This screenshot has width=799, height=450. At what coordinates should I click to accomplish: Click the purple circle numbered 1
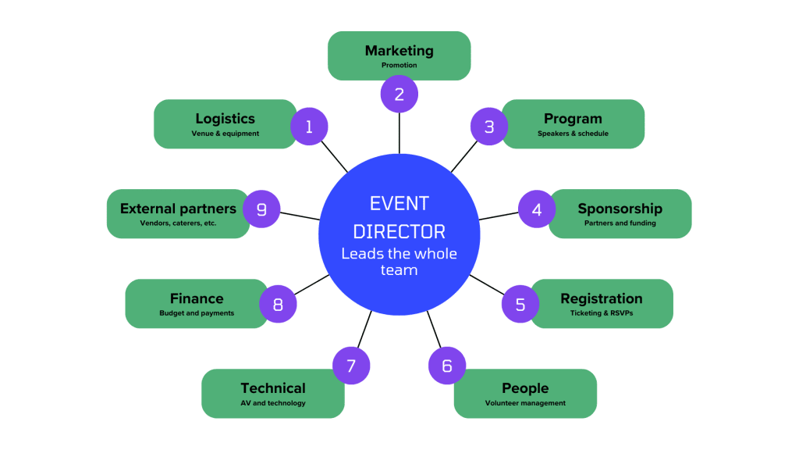tap(309, 127)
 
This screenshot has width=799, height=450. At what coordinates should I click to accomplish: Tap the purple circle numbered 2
tap(399, 94)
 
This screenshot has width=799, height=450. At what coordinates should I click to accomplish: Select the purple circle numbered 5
tap(520, 304)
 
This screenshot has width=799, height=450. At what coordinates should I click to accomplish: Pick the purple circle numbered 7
tap(351, 366)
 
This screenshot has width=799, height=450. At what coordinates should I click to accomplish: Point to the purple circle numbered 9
tap(261, 209)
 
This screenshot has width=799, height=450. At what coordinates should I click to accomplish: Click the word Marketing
tap(399, 51)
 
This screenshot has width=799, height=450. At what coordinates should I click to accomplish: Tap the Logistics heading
tap(225, 119)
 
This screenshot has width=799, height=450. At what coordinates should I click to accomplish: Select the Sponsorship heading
tap(620, 209)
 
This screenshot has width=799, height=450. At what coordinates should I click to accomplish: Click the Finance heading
tap(197, 298)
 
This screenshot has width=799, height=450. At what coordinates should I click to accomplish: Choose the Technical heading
tap(273, 388)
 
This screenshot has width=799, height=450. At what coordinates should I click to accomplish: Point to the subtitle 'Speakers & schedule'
tap(573, 134)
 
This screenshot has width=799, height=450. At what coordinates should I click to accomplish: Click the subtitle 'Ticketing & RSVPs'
tap(602, 313)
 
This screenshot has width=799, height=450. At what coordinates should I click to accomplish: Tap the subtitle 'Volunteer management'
tap(525, 403)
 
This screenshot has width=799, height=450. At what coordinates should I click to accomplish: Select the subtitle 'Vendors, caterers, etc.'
tap(179, 223)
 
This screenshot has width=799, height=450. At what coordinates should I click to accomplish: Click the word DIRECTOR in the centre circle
tap(399, 232)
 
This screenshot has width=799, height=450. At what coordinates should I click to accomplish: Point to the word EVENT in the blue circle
tap(399, 204)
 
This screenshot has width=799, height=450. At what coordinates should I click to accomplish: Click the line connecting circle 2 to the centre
tap(399, 133)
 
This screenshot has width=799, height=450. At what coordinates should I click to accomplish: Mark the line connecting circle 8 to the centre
tap(311, 284)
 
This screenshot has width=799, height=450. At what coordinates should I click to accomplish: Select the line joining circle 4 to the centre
tap(499, 216)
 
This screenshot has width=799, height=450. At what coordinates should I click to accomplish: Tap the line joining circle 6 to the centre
tap(434, 330)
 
